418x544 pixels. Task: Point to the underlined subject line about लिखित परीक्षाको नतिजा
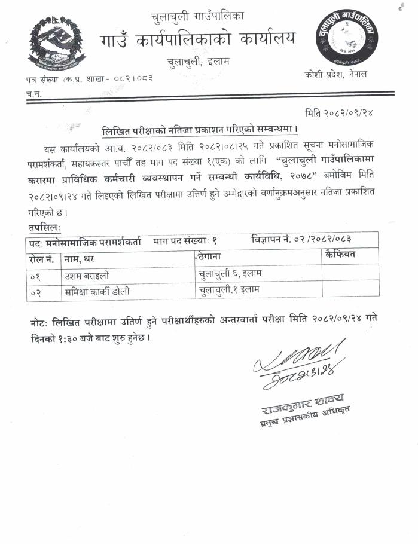[x=200, y=129]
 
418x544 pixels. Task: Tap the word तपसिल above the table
[x=44, y=228]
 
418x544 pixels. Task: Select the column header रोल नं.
[x=41, y=258]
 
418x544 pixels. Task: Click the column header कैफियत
[x=340, y=255]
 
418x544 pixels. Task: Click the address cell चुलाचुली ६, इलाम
[x=230, y=274]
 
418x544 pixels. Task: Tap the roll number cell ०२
[x=36, y=292]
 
